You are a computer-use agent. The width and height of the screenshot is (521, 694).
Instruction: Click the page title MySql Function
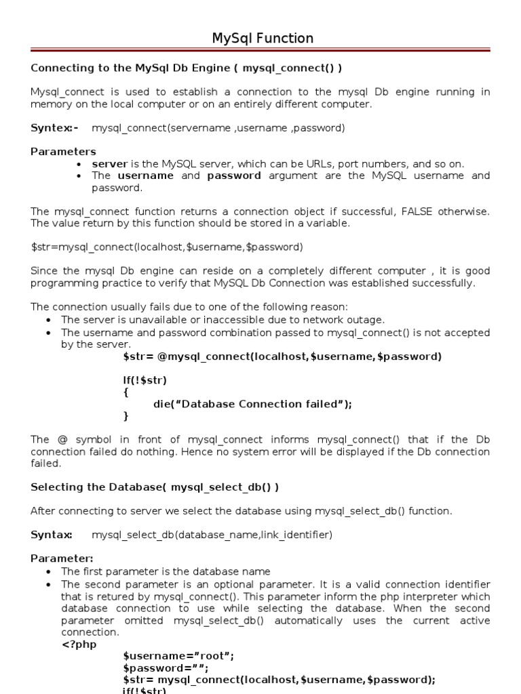coord(263,39)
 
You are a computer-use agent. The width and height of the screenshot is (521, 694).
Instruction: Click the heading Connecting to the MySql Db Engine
coord(187,68)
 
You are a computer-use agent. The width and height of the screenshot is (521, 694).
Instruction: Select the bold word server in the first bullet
coord(109,164)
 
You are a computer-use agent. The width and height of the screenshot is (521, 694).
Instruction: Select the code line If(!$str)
coord(144,380)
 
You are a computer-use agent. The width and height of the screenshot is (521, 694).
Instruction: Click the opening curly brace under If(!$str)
coord(126,392)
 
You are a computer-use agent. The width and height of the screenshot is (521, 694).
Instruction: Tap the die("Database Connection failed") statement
coord(252,404)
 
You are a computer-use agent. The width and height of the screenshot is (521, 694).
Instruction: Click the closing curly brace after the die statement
coord(126,415)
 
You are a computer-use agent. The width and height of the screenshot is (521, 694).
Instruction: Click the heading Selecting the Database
coord(155,487)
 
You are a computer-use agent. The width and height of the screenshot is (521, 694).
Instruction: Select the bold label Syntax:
coord(52,535)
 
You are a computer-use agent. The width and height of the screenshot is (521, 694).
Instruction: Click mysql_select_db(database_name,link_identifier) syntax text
coord(212,535)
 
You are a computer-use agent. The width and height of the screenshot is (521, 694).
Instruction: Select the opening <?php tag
coord(78,644)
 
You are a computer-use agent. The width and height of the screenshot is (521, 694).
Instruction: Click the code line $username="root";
coord(178,656)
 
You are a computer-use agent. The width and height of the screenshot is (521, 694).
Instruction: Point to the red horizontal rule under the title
coord(260,50)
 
